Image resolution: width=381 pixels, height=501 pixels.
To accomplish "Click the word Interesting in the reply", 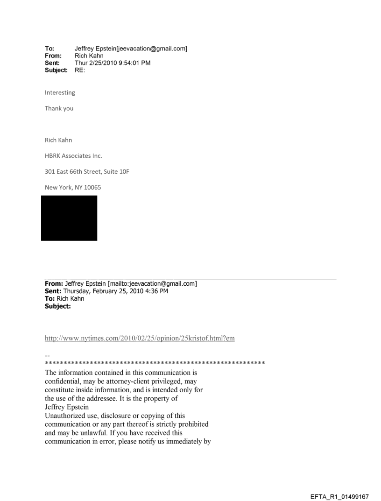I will click(x=60, y=92).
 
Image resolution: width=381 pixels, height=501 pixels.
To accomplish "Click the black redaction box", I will click(x=69, y=218).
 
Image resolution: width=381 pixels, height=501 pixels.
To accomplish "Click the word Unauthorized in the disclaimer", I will click(x=67, y=416).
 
